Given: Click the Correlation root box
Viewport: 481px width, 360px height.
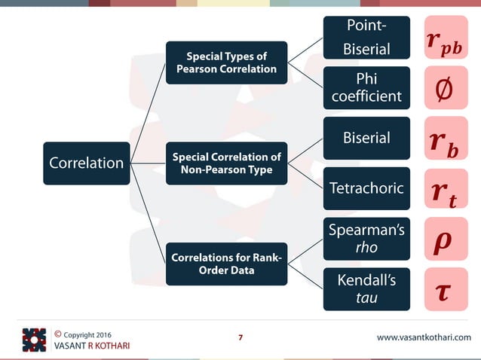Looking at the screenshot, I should [x=86, y=163].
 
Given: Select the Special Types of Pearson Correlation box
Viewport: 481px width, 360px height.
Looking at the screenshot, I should [x=226, y=63].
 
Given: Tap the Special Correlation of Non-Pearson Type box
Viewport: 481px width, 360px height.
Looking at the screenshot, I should [x=226, y=163].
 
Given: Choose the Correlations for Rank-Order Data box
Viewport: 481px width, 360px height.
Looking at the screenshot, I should [x=226, y=264].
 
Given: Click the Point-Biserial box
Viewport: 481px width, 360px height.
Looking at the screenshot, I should [x=366, y=38].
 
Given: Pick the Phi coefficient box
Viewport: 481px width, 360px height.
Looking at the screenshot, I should [x=366, y=88].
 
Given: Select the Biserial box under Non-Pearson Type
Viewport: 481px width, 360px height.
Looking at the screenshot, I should [x=366, y=138].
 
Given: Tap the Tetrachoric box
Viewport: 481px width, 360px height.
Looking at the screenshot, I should [x=366, y=188].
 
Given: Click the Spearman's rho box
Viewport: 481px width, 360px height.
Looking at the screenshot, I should [x=366, y=239].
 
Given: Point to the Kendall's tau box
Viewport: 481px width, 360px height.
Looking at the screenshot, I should [x=366, y=289].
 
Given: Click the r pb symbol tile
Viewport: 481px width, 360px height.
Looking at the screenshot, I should [x=446, y=38].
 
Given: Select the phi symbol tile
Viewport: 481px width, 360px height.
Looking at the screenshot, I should [x=446, y=88].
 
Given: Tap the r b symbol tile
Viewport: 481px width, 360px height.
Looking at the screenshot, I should [x=446, y=138].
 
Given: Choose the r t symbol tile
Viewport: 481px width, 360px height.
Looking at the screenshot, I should [x=446, y=188].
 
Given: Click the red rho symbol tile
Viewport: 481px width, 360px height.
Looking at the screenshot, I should [x=446, y=239].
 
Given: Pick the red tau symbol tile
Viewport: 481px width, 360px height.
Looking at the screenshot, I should [x=446, y=289].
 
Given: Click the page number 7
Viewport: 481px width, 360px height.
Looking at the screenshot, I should [x=240, y=337].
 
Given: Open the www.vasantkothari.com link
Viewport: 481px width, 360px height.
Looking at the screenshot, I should [x=423, y=337].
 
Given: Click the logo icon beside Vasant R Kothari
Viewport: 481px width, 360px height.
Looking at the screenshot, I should [x=34, y=340].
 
